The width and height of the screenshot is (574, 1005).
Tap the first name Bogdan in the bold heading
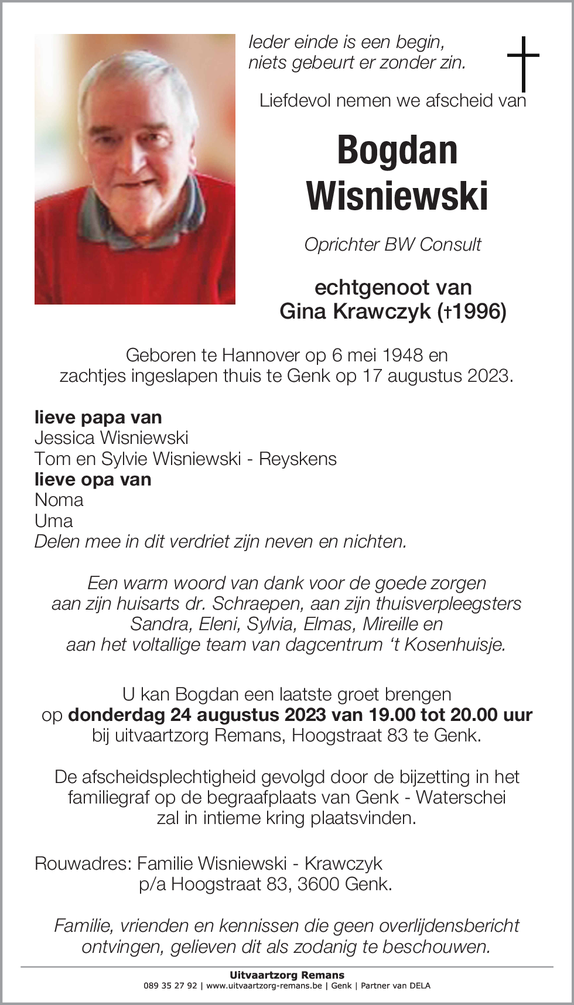coord(397,150)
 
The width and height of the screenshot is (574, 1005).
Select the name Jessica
coord(65,437)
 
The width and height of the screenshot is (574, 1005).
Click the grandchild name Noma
coord(59,500)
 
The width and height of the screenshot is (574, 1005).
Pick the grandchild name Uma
coord(53,521)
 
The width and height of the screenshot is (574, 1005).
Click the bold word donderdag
coord(117,715)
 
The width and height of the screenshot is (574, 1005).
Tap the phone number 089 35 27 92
coord(170,986)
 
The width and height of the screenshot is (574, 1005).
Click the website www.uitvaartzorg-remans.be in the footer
coord(264,986)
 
